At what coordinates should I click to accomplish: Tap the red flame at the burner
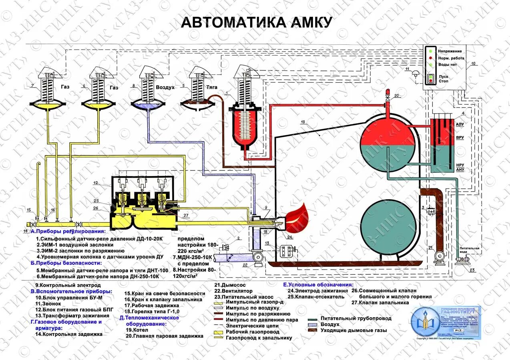click(297, 215)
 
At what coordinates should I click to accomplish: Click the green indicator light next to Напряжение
click(430, 51)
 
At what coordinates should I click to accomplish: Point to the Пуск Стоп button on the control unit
click(431, 78)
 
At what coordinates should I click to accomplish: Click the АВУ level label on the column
click(460, 124)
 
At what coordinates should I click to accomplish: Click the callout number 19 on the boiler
click(302, 122)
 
